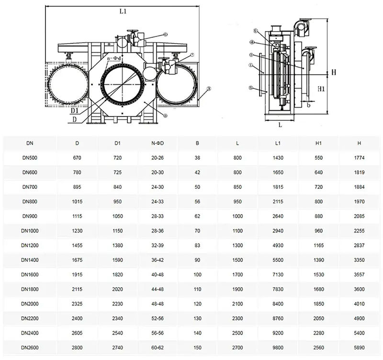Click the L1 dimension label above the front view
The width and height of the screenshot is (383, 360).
pos(123,11)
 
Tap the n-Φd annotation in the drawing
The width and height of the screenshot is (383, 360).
pos(114,58)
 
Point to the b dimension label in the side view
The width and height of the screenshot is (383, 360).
pos(308,105)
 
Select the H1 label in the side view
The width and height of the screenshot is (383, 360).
pos(321,89)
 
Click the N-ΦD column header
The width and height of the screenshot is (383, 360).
pos(158,143)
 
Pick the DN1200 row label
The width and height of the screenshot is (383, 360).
pos(30,245)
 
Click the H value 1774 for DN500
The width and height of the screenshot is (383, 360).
pos(360,158)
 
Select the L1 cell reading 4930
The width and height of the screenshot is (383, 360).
pos(278,245)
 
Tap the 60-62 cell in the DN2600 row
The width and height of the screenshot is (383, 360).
pos(158,348)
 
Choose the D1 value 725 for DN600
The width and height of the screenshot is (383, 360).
pos(117,173)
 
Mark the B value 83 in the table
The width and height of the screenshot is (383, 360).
pos(197,245)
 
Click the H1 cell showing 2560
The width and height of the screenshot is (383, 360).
pos(319,348)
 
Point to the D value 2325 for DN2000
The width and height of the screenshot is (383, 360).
pos(77,304)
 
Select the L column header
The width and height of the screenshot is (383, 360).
pos(237,143)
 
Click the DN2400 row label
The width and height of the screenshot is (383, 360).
pos(30,333)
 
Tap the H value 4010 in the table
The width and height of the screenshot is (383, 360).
pos(360,304)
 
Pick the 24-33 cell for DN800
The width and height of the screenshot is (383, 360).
pos(158,202)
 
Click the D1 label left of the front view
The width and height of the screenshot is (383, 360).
pos(75,111)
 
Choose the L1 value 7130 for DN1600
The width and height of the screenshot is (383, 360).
pos(278,275)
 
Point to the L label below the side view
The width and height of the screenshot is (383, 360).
pos(280,125)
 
